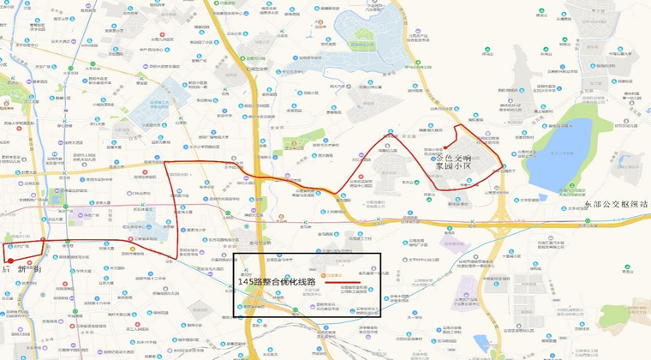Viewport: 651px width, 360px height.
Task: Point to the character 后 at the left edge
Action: pyautogui.click(x=6, y=268)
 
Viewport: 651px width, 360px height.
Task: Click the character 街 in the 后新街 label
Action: pyautogui.click(x=38, y=268)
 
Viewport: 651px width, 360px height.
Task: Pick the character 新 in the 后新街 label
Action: pyautogui.click(x=21, y=268)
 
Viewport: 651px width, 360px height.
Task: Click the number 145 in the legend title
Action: pyautogui.click(x=247, y=280)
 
